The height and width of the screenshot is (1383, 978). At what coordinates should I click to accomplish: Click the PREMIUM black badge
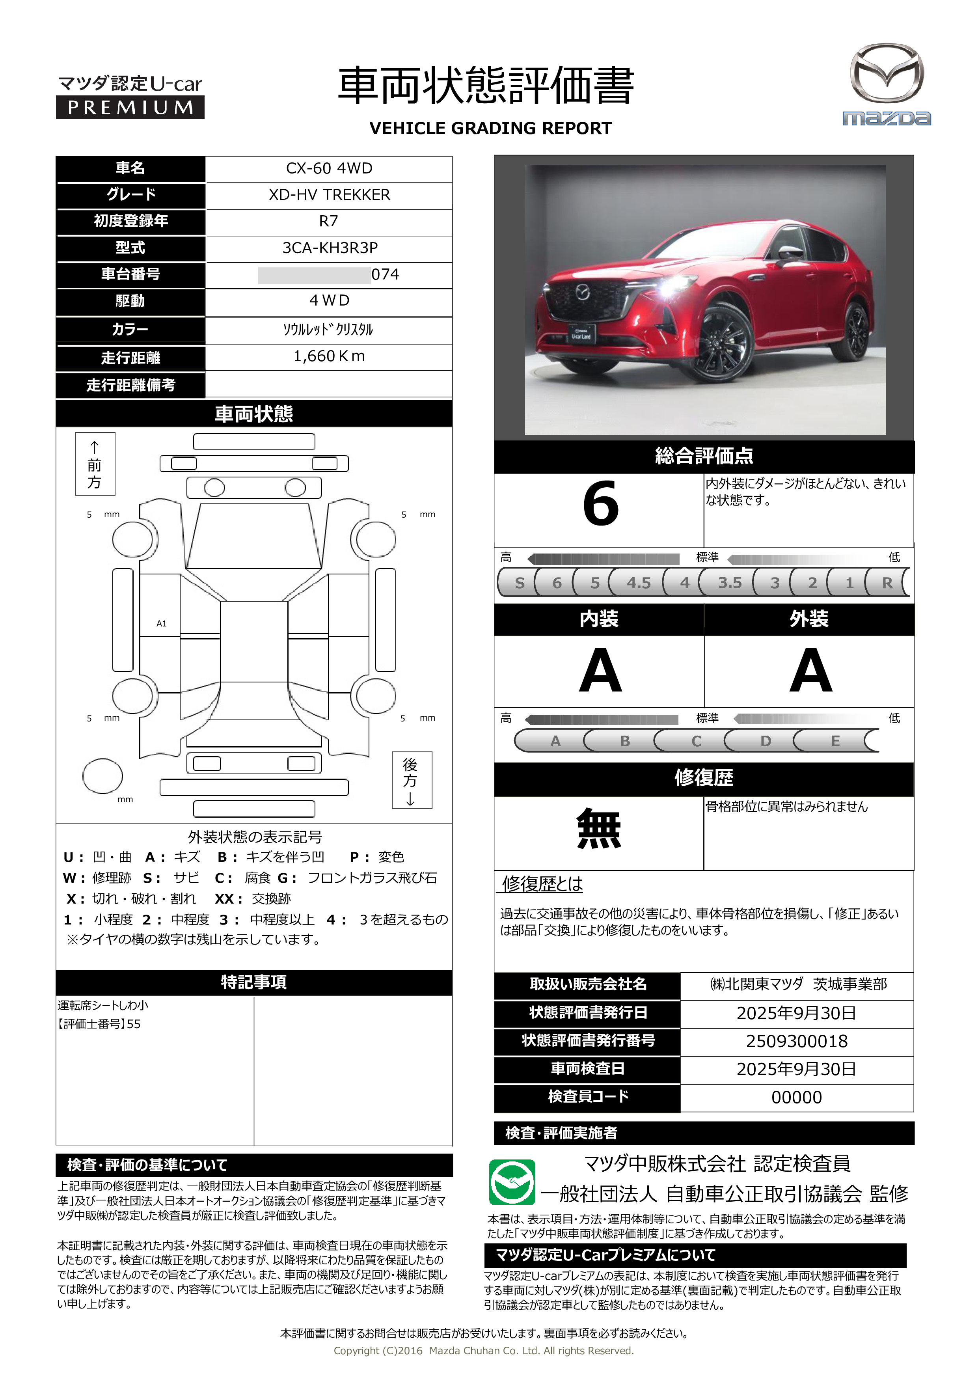(130, 107)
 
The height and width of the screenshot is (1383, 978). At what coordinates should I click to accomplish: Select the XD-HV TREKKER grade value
(329, 195)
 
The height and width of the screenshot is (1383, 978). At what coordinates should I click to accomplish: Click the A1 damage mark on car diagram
(161, 623)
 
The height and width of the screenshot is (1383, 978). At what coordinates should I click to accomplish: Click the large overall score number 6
(600, 503)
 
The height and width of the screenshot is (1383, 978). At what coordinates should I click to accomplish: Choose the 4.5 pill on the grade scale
(638, 582)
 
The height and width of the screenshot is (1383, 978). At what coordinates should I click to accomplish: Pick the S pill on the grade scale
(519, 582)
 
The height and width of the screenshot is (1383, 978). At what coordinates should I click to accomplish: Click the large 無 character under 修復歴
(599, 829)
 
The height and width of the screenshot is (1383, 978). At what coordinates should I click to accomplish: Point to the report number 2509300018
(796, 1041)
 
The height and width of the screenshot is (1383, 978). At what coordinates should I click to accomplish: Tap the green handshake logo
(512, 1182)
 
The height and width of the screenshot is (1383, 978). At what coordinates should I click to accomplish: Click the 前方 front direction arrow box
(95, 464)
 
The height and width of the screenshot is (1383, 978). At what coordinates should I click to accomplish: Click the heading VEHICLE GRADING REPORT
(490, 128)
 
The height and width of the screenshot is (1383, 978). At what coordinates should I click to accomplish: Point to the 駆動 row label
(130, 300)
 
